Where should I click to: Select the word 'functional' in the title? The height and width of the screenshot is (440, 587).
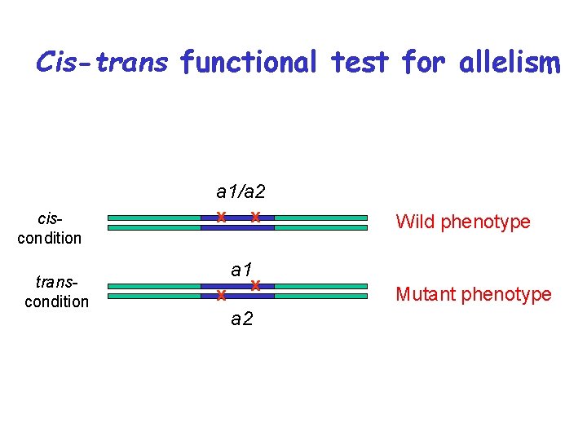(249, 62)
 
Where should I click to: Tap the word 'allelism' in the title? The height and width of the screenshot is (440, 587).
(510, 62)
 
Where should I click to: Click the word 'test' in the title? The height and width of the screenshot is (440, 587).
(360, 62)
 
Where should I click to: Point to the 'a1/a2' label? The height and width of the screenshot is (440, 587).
(241, 192)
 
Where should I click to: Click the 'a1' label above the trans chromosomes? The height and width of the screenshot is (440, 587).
(241, 269)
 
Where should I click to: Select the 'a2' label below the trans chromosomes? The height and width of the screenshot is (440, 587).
(241, 319)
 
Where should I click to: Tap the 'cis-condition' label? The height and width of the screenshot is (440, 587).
(50, 229)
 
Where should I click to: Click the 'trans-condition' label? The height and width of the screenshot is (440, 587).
(56, 292)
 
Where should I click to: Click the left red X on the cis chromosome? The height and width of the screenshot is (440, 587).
(220, 217)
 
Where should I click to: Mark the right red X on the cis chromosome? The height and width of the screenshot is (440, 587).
(255, 217)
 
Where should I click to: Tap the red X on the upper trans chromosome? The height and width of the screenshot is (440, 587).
(255, 285)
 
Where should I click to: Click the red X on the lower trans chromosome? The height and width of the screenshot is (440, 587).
(220, 296)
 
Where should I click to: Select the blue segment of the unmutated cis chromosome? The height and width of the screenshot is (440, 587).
(237, 227)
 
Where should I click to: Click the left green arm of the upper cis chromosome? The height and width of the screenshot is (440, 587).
(154, 218)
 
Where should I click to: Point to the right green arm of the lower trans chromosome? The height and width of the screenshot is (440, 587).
(321, 296)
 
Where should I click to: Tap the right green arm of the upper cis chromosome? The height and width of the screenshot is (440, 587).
(321, 218)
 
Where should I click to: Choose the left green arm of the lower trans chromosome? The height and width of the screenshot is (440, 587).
(154, 296)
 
